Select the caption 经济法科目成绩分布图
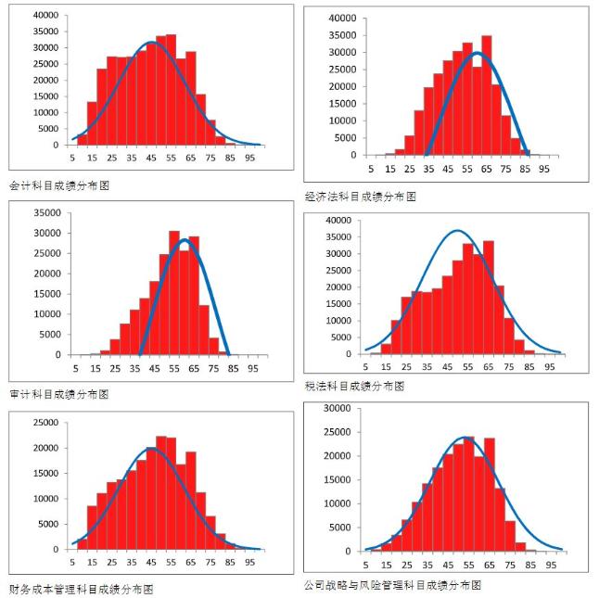pos(360,196)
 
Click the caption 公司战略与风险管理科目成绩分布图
pos(392,585)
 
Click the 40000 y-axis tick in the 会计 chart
pos(44,17)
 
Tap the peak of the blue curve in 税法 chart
pos(457,231)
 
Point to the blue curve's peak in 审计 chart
pos(185,241)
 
